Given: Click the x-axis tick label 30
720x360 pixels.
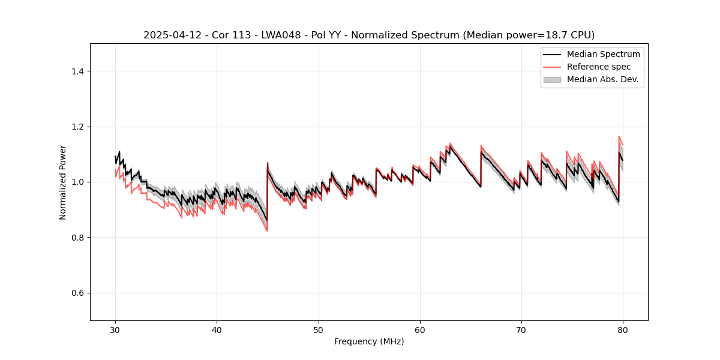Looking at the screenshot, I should [x=115, y=330].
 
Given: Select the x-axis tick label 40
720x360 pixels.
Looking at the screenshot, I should [x=217, y=330].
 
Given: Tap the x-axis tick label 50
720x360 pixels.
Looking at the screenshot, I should [x=318, y=330].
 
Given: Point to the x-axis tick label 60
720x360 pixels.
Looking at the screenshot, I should [x=420, y=330].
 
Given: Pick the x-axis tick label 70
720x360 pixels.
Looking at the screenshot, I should [x=521, y=330].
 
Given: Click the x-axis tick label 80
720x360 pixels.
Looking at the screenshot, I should [x=623, y=330].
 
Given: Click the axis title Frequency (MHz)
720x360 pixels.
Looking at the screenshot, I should [x=369, y=341].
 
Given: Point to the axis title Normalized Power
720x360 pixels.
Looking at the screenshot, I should [x=63, y=182].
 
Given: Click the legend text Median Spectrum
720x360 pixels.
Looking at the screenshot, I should [x=603, y=55].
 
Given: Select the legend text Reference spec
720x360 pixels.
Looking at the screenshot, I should [x=598, y=67].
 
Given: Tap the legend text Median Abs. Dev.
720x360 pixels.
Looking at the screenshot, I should [x=602, y=79].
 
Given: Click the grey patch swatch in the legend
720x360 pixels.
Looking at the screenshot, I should [x=552, y=79].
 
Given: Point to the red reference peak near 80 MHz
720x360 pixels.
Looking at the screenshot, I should [x=619, y=137].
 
